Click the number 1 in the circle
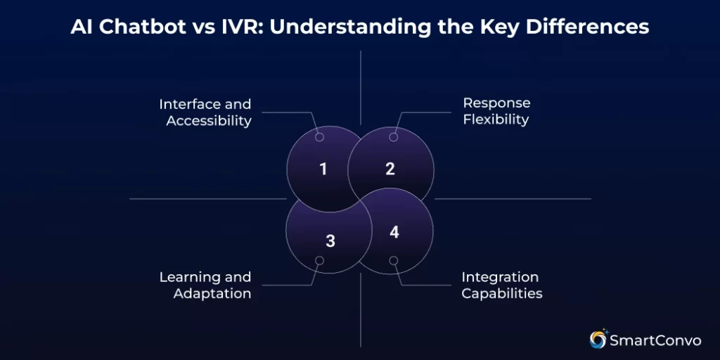click(323, 169)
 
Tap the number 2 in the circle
click(390, 169)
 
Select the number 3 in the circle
click(330, 241)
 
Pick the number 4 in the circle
click(394, 232)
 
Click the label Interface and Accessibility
click(205, 112)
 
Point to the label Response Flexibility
click(496, 111)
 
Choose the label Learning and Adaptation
click(205, 285)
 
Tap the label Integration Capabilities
click(501, 285)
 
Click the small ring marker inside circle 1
click(319, 137)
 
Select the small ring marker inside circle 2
click(394, 137)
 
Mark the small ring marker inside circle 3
click(319, 261)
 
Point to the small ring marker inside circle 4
click(394, 261)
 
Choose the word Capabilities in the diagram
click(501, 293)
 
